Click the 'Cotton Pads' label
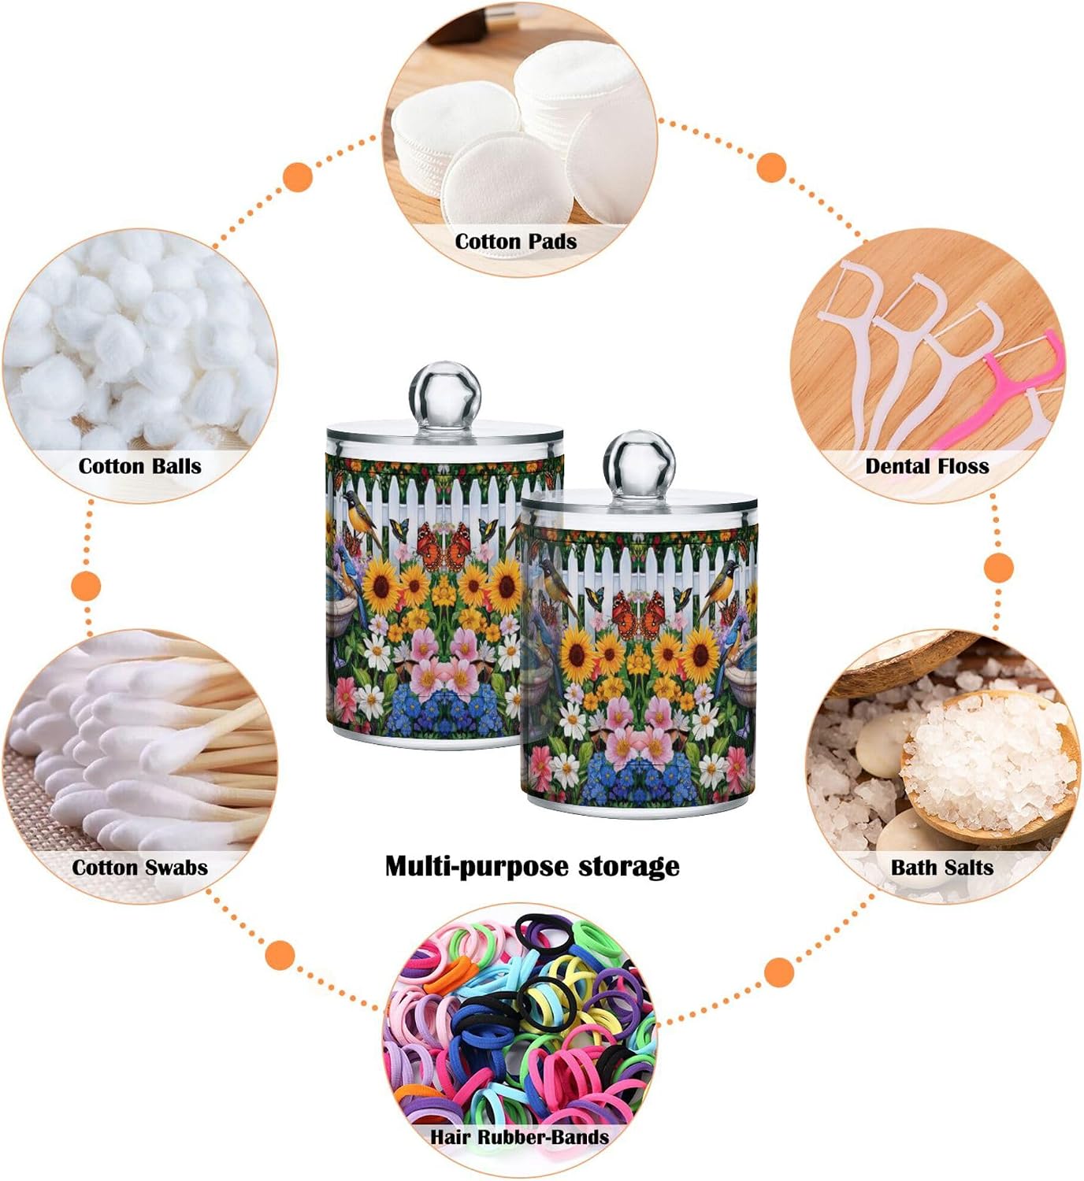click(515, 242)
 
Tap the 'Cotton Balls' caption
click(139, 466)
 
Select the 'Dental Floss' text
click(926, 466)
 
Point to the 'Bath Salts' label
click(942, 868)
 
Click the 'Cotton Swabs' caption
click(139, 868)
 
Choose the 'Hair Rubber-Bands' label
click(519, 1137)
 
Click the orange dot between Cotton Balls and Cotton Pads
click(298, 176)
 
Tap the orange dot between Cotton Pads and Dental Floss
click(771, 167)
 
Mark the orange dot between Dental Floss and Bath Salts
click(999, 568)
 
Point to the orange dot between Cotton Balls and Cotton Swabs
click(86, 586)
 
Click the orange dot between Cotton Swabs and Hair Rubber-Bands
click(280, 955)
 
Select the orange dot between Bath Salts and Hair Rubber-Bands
click(779, 972)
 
